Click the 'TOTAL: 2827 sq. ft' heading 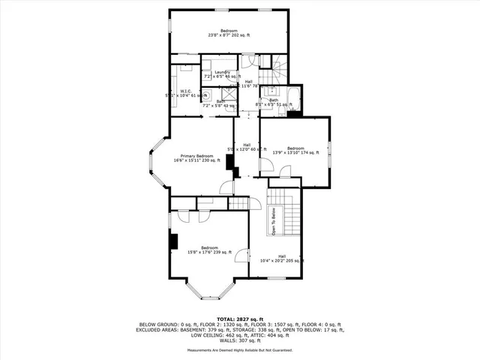click(239, 319)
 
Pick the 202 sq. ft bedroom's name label click(229, 30)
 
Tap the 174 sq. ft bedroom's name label click(295, 148)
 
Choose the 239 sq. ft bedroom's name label click(209, 247)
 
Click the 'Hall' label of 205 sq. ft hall click(281, 256)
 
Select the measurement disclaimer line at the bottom click(239, 350)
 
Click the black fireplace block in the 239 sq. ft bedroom click(173, 241)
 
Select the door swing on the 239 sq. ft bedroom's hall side click(241, 256)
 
